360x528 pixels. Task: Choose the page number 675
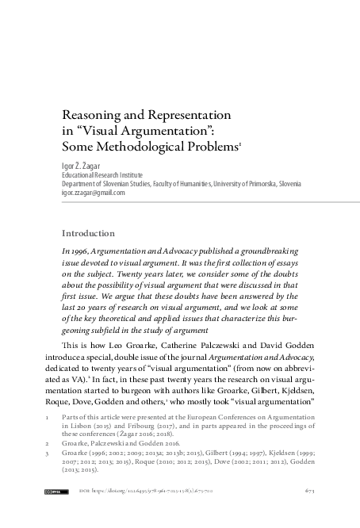click(x=310, y=514)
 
